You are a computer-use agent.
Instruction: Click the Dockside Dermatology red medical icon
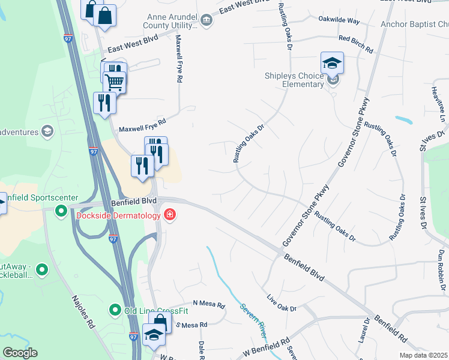(169, 214)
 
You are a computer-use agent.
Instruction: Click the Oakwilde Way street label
(339, 21)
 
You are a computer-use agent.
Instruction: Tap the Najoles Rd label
(82, 311)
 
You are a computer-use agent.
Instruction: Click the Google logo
(20, 353)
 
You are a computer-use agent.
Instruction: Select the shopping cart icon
(114, 82)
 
